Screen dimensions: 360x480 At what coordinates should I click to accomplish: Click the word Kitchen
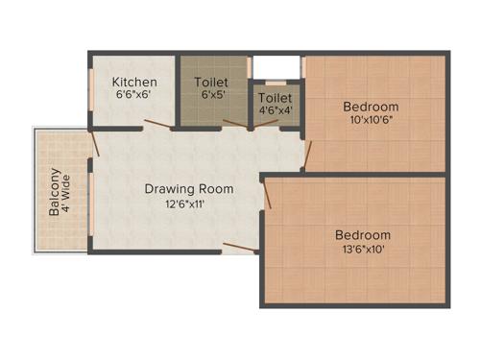tap(134, 82)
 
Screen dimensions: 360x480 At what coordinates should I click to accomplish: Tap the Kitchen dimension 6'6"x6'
tap(134, 96)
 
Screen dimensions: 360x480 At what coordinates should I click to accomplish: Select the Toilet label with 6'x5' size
tap(211, 82)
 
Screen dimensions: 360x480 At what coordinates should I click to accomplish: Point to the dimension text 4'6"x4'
tap(276, 110)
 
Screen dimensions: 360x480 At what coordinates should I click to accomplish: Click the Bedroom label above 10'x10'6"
tap(371, 107)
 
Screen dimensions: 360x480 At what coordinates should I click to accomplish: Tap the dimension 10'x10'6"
tap(371, 121)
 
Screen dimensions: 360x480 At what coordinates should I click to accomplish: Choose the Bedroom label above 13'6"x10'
tap(362, 235)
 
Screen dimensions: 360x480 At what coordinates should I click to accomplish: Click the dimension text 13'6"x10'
tap(362, 250)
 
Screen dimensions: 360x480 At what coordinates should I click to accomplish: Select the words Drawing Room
tap(176, 188)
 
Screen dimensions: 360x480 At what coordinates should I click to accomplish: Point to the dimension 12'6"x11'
tap(176, 204)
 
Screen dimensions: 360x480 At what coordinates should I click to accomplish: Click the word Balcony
tap(55, 192)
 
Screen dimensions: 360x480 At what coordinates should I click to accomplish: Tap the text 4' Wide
tap(68, 192)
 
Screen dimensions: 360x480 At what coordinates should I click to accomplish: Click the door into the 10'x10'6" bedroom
tap(306, 154)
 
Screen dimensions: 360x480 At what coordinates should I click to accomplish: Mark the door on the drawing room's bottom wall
tap(241, 248)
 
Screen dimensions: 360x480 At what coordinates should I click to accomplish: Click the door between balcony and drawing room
tap(94, 143)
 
